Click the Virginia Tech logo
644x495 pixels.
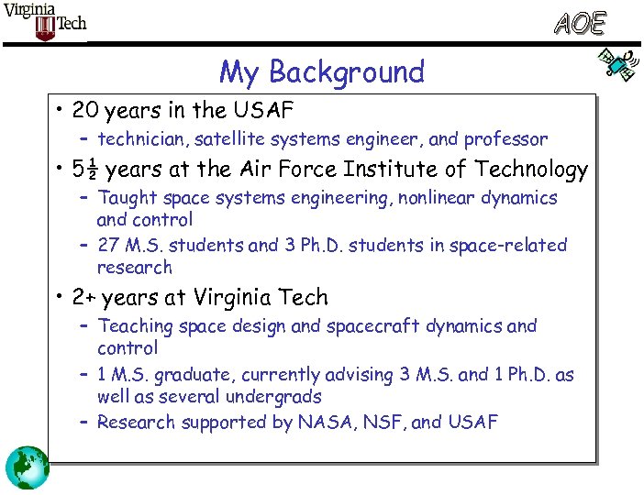45,21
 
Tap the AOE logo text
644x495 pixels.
581,23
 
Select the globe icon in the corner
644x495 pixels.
27,467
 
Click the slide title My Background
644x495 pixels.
321,71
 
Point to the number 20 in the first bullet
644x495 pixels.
86,111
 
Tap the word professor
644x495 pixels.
505,140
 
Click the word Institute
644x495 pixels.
382,170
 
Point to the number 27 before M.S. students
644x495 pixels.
109,246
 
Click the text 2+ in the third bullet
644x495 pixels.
85,298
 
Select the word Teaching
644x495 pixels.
136,326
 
